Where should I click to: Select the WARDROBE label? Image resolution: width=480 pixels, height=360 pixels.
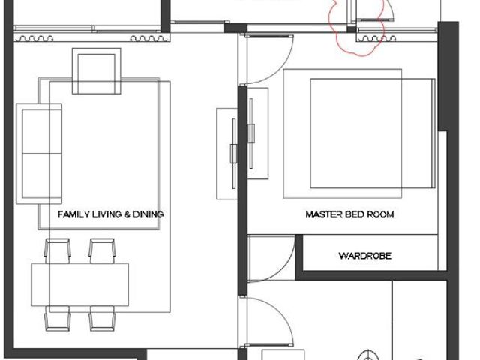coord(365,256)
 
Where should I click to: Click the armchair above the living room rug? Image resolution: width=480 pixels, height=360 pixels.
coord(97,71)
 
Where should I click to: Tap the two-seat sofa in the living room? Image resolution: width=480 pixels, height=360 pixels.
coord(39,154)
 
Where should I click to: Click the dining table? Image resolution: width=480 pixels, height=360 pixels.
coord(80,284)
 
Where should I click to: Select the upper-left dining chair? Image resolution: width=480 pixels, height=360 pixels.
coord(58,251)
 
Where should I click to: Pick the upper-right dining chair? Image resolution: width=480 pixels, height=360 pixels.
coord(102,251)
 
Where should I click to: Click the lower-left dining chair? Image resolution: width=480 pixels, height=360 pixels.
coord(58,318)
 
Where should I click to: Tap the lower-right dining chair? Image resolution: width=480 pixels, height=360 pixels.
coord(102,318)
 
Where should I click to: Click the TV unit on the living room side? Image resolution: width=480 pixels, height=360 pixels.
coord(227,154)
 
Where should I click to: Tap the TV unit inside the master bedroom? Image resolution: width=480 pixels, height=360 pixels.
coord(258,133)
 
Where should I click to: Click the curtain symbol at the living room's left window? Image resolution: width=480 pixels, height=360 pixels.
coord(34,38)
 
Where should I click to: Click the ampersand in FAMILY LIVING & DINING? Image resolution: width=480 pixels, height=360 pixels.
coord(127,214)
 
